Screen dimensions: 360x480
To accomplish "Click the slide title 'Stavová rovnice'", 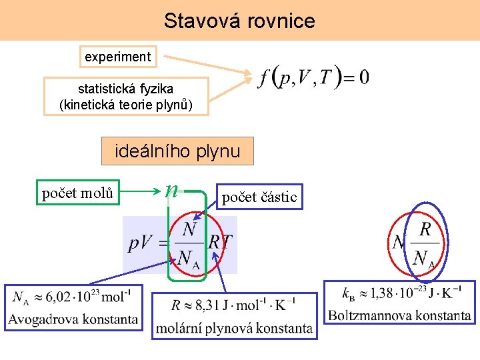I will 239,21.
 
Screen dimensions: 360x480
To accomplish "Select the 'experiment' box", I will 117,57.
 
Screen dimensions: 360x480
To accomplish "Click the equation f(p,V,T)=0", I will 313,77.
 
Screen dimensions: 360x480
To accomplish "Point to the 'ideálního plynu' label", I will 177,151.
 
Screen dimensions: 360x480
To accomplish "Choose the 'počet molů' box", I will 77,193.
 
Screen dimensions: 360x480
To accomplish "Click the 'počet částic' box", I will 259,197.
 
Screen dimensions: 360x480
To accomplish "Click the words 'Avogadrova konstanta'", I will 73,319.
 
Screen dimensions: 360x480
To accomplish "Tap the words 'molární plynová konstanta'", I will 234,327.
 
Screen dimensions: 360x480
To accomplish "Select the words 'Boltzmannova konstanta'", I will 399,315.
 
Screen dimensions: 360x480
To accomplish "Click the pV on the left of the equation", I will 142,243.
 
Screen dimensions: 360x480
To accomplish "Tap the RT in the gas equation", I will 220,241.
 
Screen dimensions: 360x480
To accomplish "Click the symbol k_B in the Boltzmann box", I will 347,293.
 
